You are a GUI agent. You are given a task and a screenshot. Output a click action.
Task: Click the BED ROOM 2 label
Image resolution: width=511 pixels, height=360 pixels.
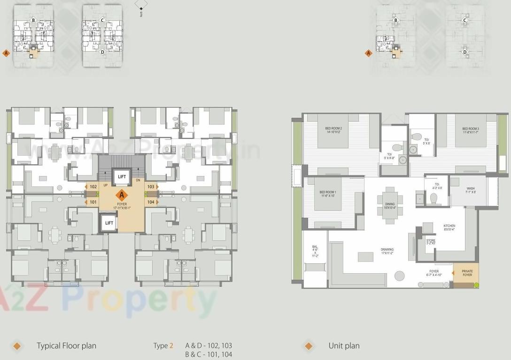tap(333, 130)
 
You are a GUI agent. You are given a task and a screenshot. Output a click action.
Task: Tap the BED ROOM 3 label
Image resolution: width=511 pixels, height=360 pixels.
tap(470, 130)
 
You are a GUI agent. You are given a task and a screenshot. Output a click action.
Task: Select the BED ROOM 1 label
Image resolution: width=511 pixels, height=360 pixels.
tap(327, 194)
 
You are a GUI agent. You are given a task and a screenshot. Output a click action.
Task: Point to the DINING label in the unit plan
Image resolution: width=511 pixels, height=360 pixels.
tap(390, 206)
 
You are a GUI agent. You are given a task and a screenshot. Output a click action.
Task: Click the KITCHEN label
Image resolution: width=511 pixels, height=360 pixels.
tap(449, 228)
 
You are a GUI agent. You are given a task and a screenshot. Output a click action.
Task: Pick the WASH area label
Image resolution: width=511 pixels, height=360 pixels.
tap(471, 190)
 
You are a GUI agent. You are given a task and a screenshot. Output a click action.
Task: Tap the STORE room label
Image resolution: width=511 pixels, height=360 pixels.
tap(431, 242)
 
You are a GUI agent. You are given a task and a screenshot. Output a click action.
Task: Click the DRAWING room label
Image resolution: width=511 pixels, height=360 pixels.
tap(387, 251)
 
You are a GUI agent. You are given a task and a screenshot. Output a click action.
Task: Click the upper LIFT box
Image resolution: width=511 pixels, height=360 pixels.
tap(122, 176)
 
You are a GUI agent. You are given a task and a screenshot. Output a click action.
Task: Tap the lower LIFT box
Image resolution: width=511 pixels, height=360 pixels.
tap(109, 223)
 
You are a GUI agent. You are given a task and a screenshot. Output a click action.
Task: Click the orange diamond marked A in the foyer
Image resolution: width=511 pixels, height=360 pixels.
tap(122, 194)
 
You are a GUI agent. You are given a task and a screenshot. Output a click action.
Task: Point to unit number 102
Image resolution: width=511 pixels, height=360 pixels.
tap(93, 187)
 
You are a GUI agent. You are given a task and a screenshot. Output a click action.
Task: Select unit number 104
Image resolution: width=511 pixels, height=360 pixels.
tap(150, 202)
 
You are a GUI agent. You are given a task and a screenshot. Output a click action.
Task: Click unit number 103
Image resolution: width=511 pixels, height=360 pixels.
tap(150, 187)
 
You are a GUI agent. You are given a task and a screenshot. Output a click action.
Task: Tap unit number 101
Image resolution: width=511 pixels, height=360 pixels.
tap(93, 202)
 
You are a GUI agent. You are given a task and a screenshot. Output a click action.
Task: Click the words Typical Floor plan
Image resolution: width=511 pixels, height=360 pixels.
tap(66, 346)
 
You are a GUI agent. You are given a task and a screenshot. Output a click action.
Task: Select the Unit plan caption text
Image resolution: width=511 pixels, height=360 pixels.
tap(344, 346)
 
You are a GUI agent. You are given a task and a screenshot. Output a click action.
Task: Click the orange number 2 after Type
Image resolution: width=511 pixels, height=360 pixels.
tap(171, 346)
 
